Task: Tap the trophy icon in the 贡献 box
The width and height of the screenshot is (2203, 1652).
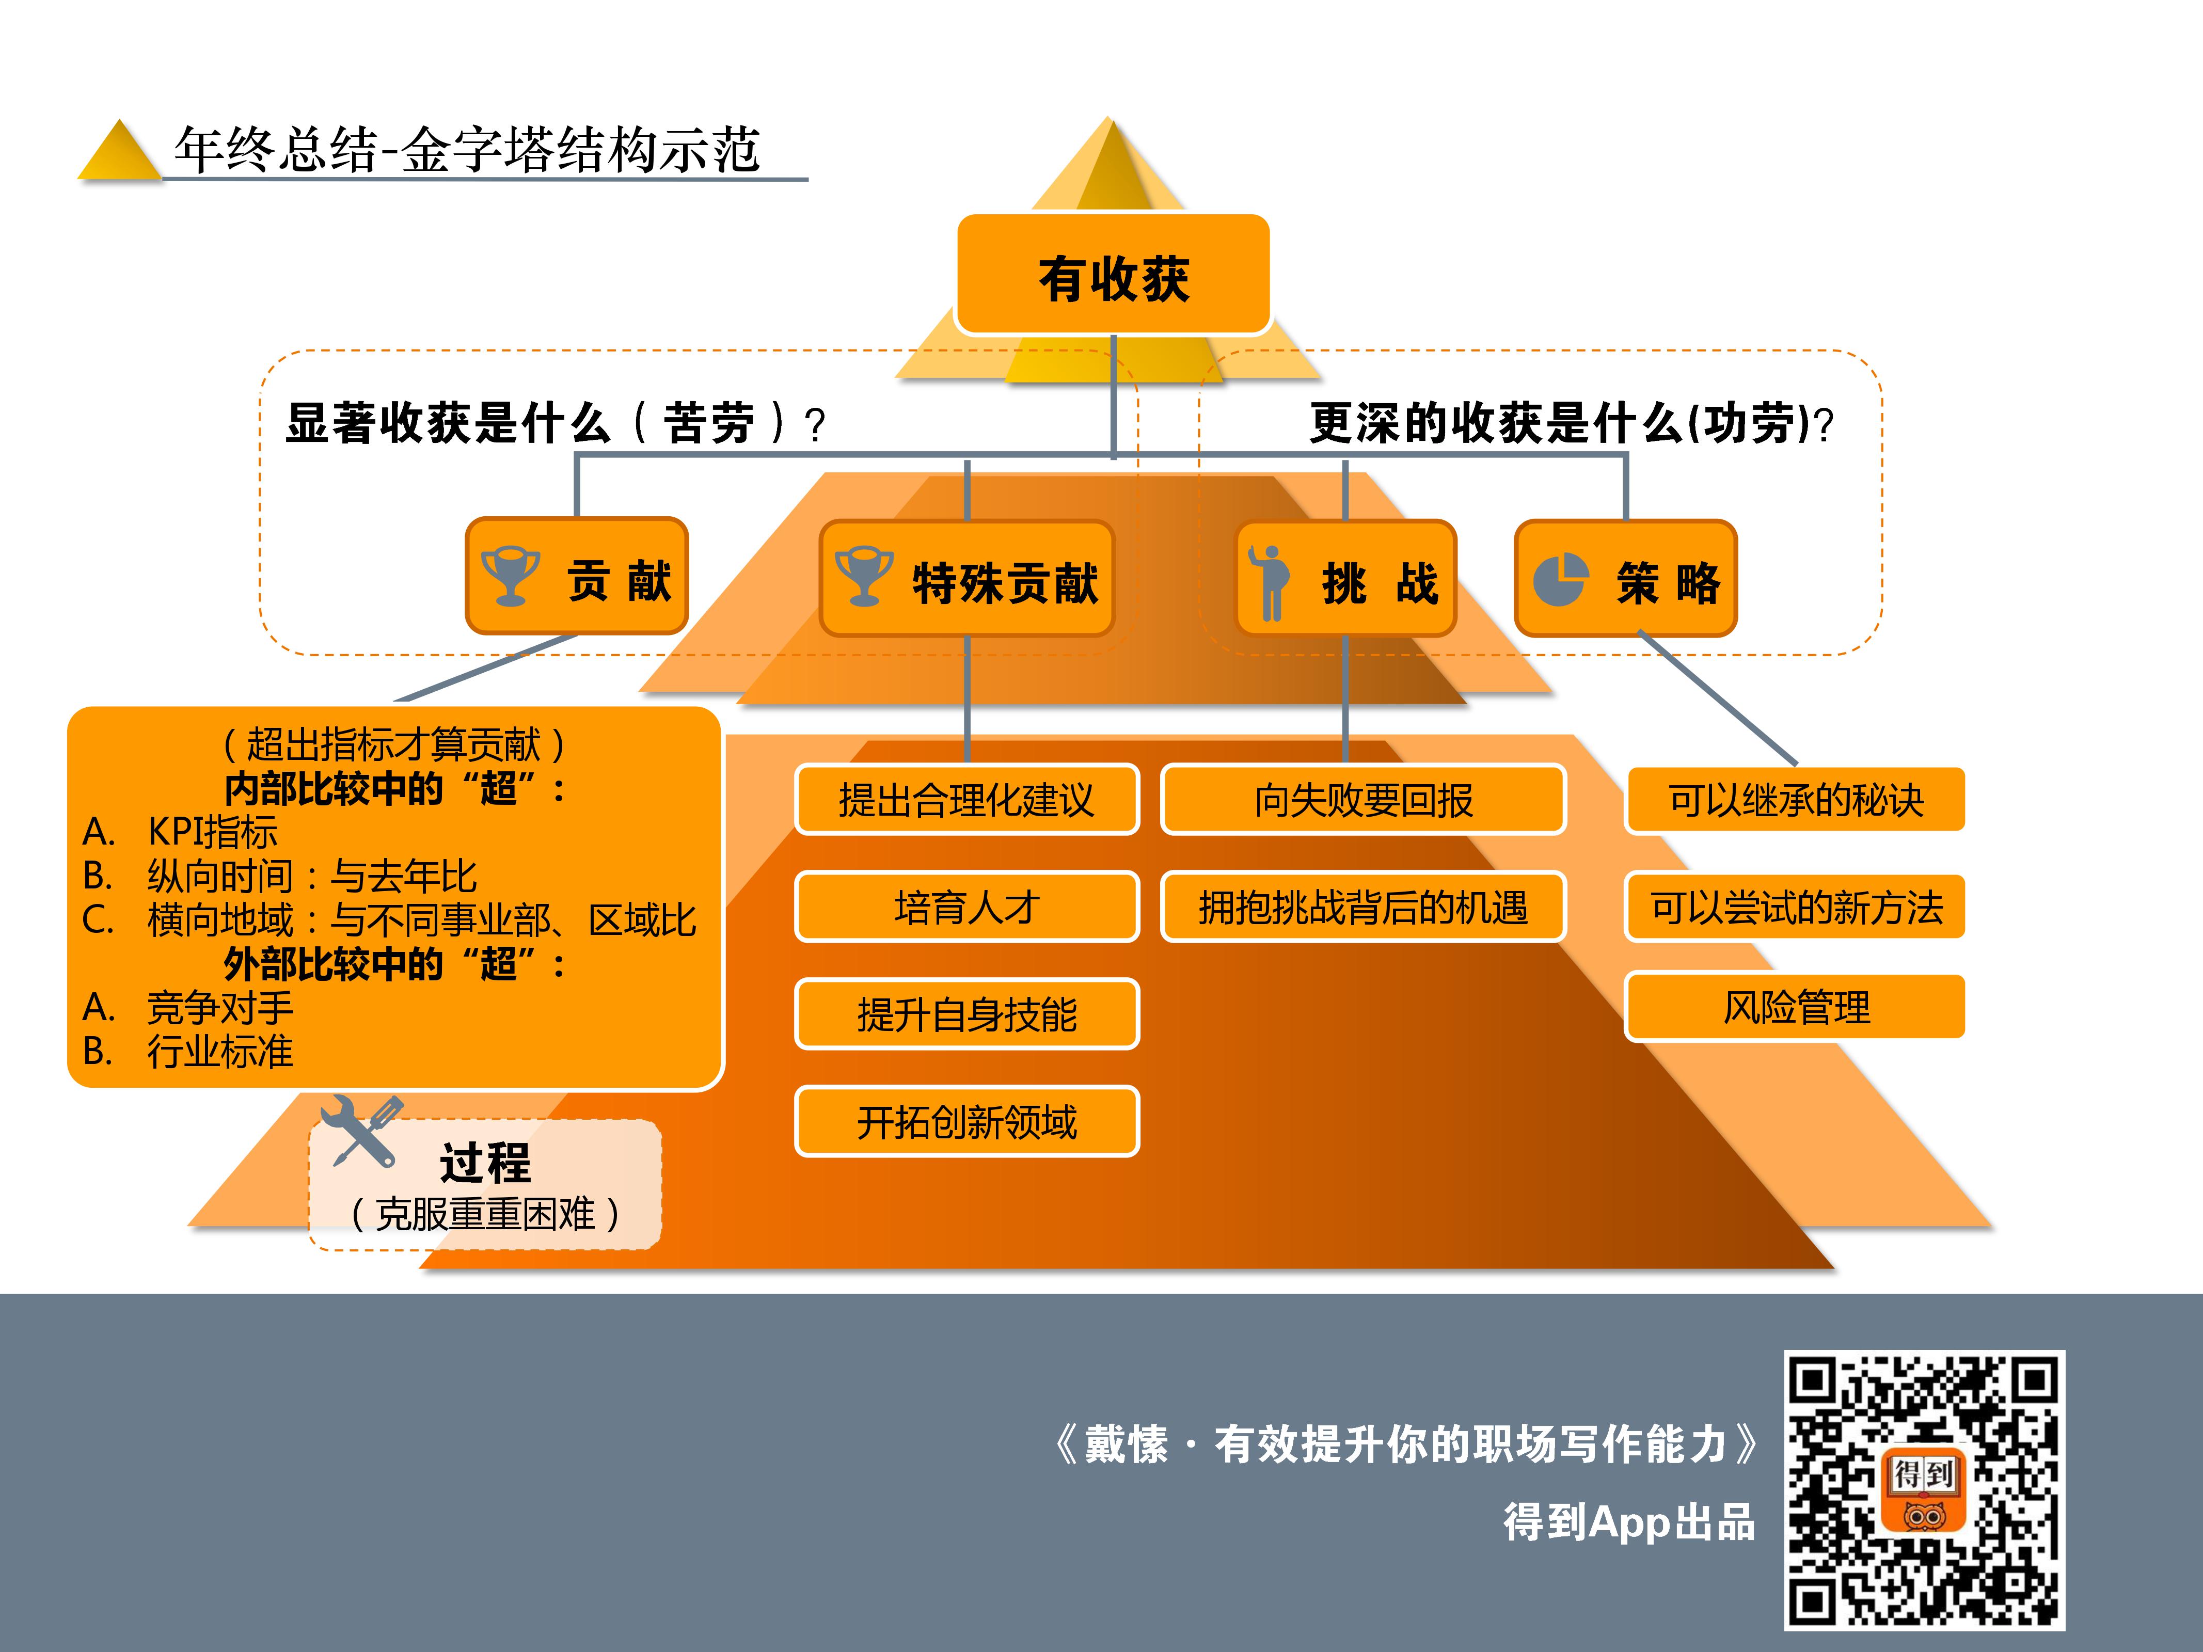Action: click(510, 576)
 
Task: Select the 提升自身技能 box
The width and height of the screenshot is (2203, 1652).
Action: click(966, 1014)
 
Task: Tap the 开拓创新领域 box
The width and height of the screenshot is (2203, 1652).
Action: click(966, 1121)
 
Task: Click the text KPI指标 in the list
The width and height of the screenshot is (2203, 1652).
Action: click(212, 832)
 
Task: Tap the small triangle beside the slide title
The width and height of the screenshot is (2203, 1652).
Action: click(119, 151)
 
